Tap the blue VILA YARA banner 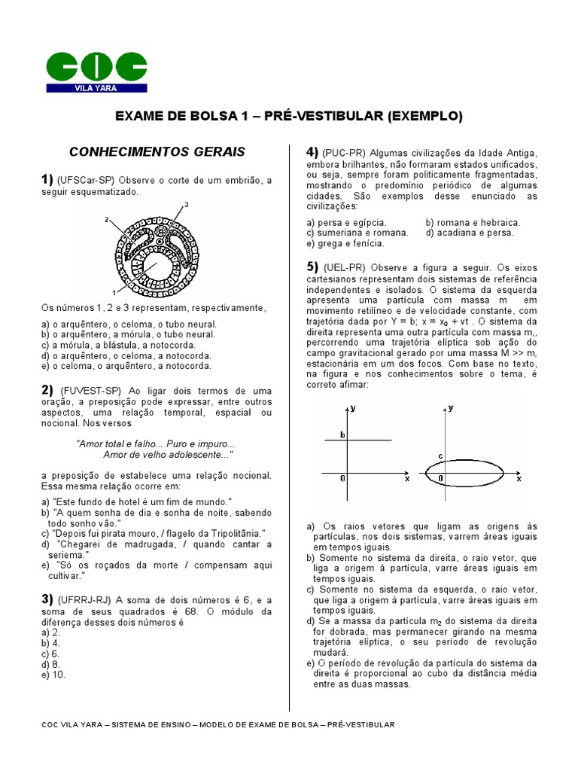tap(96, 88)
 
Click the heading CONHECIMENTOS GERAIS tap(157, 152)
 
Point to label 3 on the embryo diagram tap(186, 205)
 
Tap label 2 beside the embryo tap(108, 219)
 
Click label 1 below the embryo tap(114, 291)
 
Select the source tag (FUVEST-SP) tap(91, 391)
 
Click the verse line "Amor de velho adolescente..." tap(167, 456)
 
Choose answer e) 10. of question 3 tap(53, 675)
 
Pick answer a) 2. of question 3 tap(50, 633)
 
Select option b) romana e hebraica tap(473, 223)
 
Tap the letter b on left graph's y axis tap(342, 434)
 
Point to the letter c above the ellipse tap(441, 456)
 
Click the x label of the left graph tap(406, 479)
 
